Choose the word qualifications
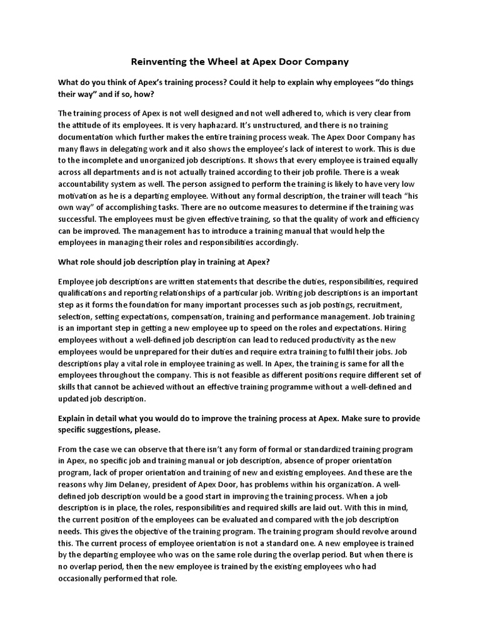(x=85, y=293)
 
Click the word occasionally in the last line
(x=84, y=578)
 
